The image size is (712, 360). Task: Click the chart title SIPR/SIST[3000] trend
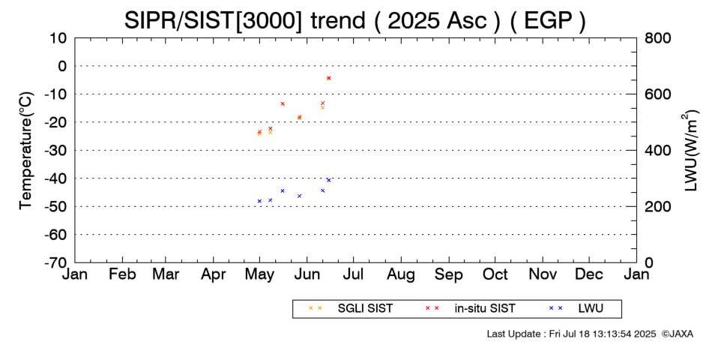[x=245, y=20]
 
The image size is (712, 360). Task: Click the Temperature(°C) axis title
[x=26, y=151]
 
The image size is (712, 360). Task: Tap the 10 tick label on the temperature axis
[x=58, y=38]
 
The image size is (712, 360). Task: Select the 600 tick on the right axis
[x=658, y=94]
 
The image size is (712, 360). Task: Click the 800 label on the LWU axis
[x=658, y=38]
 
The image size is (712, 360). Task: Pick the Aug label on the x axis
[x=401, y=275]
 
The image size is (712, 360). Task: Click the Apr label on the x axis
[x=213, y=275]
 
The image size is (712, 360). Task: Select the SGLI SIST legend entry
[x=350, y=309]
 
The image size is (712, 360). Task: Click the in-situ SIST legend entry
[x=470, y=309]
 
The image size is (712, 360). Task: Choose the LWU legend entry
[x=576, y=309]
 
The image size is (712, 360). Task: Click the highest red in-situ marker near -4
[x=329, y=78]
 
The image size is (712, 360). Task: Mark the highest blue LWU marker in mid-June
[x=329, y=180]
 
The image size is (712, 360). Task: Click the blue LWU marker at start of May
[x=260, y=201]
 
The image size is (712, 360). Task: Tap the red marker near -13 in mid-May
[x=283, y=103]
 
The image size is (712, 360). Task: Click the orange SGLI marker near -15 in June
[x=322, y=108]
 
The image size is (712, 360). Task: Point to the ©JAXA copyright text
[x=678, y=334]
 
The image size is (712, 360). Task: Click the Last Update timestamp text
[x=571, y=334]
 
